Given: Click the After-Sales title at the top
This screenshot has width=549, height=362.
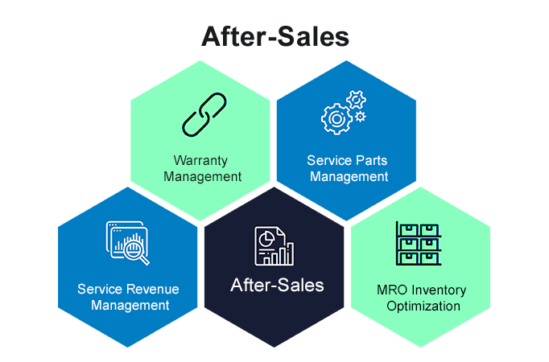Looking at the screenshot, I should (274, 36).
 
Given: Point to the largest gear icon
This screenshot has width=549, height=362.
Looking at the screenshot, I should (336, 119).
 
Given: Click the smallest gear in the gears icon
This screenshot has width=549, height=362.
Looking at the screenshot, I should (360, 117).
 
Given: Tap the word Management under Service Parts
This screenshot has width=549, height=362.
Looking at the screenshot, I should (348, 175).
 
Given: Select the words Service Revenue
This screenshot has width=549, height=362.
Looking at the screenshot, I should (128, 289).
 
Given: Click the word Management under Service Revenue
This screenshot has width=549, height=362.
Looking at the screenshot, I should (130, 305).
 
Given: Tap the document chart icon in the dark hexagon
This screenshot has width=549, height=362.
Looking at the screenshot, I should (274, 245).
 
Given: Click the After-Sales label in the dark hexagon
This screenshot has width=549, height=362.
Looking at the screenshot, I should (277, 285).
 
